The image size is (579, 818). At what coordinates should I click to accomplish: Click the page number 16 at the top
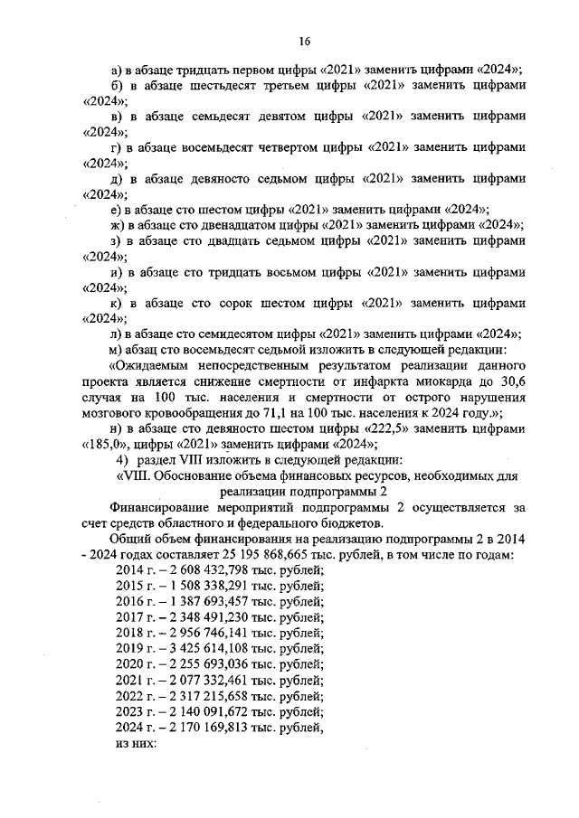[305, 41]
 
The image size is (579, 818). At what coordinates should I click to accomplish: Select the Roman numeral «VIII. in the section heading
[137, 475]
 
